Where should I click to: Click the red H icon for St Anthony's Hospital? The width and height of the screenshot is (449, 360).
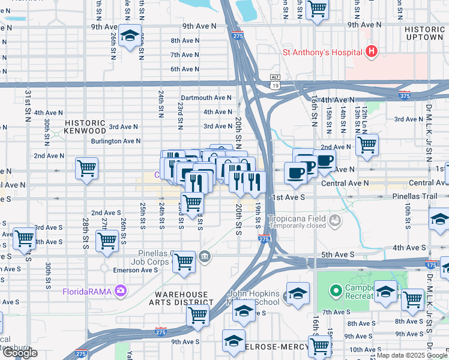click(372, 52)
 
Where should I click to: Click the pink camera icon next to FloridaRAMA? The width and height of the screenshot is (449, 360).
click(122, 292)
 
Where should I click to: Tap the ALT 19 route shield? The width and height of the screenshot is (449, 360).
click(276, 82)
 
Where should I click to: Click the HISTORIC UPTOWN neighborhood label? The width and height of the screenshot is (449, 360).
click(424, 32)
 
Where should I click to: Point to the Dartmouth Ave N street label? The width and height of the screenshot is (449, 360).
click(206, 98)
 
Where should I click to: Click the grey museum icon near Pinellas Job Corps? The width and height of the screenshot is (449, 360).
click(205, 257)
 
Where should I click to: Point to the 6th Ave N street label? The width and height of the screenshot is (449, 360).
click(185, 69)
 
